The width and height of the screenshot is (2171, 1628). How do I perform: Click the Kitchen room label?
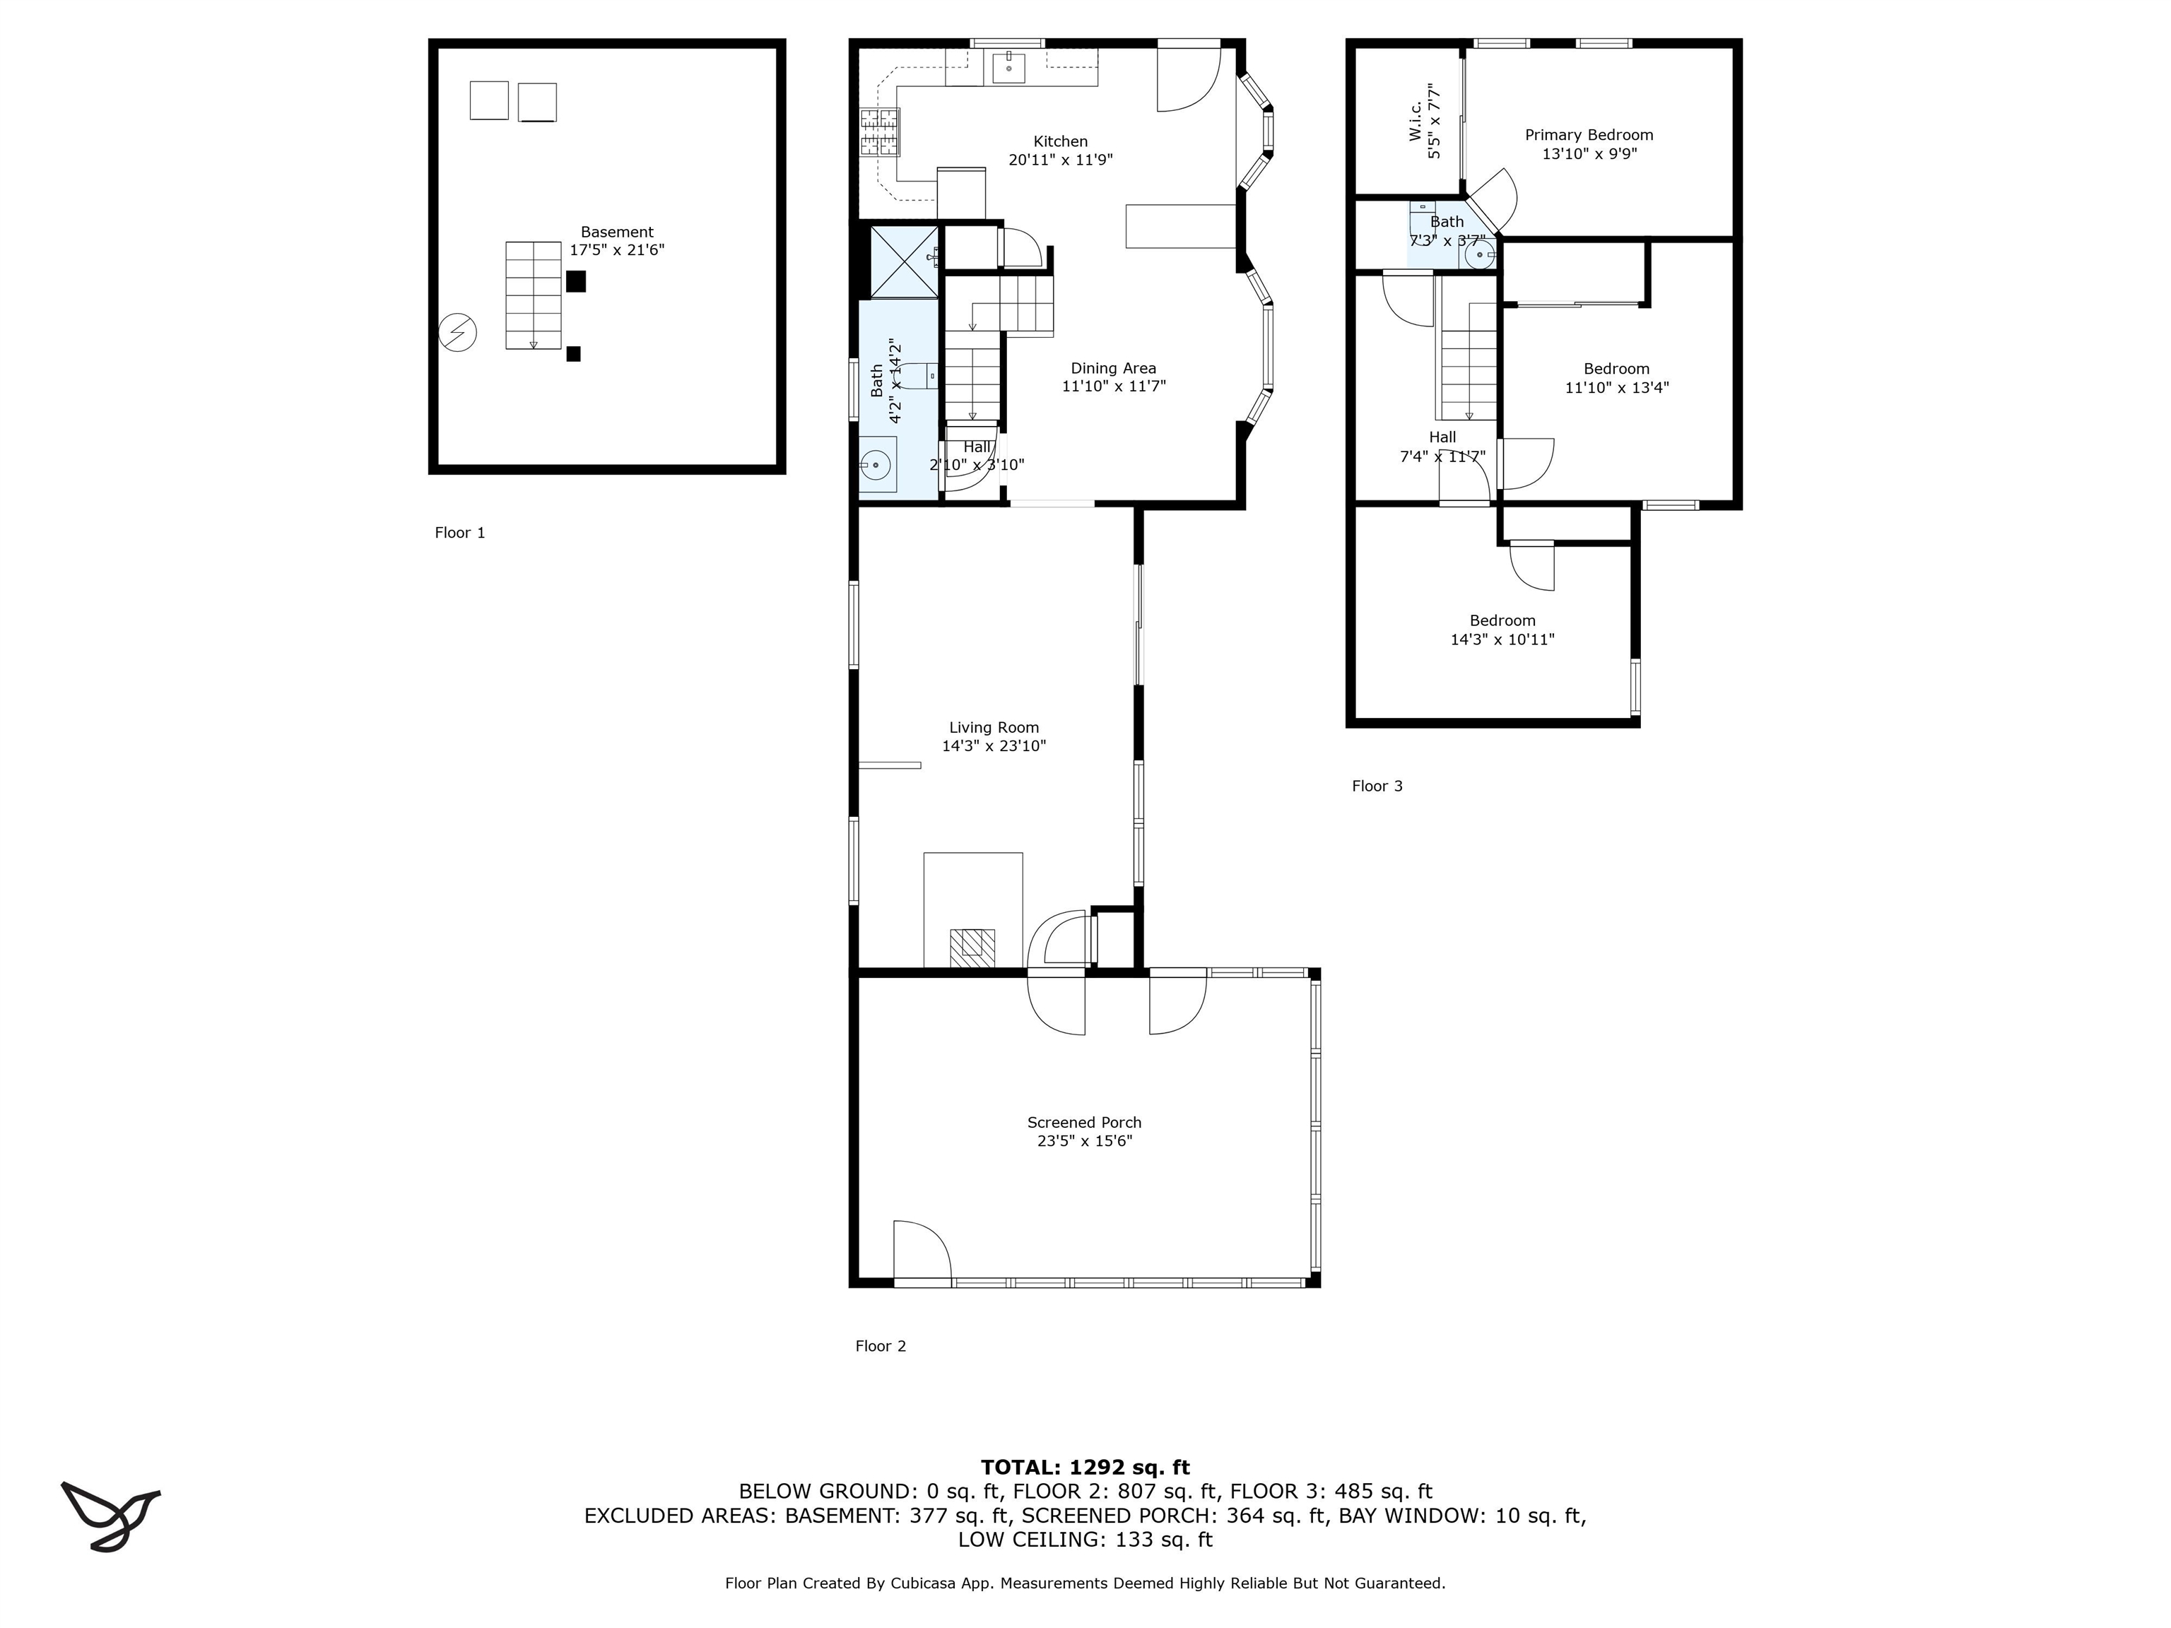pyautogui.click(x=1060, y=141)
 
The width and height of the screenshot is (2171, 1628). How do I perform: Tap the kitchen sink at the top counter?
pyautogui.click(x=1008, y=69)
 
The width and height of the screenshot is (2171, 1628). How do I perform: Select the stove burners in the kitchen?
pyautogui.click(x=879, y=132)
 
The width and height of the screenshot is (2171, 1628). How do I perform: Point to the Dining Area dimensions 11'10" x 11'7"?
pyautogui.click(x=1113, y=387)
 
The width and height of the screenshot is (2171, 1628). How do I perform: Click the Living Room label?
pyautogui.click(x=993, y=727)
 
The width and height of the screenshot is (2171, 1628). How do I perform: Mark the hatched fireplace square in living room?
pyautogui.click(x=972, y=945)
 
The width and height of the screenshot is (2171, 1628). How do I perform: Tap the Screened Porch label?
pyautogui.click(x=1083, y=1121)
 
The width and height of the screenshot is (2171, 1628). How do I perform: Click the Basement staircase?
pyautogui.click(x=533, y=295)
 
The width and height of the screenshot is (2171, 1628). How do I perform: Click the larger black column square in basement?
pyautogui.click(x=575, y=282)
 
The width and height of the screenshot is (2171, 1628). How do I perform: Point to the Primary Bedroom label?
pyautogui.click(x=1588, y=134)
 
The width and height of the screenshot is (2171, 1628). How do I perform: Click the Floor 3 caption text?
pyautogui.click(x=1376, y=785)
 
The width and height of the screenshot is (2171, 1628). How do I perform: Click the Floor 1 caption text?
pyautogui.click(x=459, y=532)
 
